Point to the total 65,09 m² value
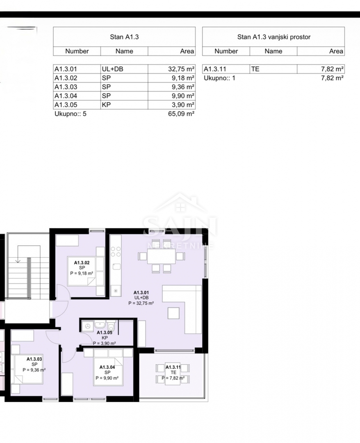pos(181,114)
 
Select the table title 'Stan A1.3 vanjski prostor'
pos(273,37)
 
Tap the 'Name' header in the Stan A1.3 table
pos(124,51)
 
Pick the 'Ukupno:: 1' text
pos(219,78)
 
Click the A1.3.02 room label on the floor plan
pos(82,263)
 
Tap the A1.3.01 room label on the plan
pos(141,293)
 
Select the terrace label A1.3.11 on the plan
pos(173,367)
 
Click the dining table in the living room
pos(162,256)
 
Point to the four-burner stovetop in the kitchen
pos(116,251)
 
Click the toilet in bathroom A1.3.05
pos(111,326)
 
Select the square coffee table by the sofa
pos(173,313)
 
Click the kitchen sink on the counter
pos(116,267)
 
